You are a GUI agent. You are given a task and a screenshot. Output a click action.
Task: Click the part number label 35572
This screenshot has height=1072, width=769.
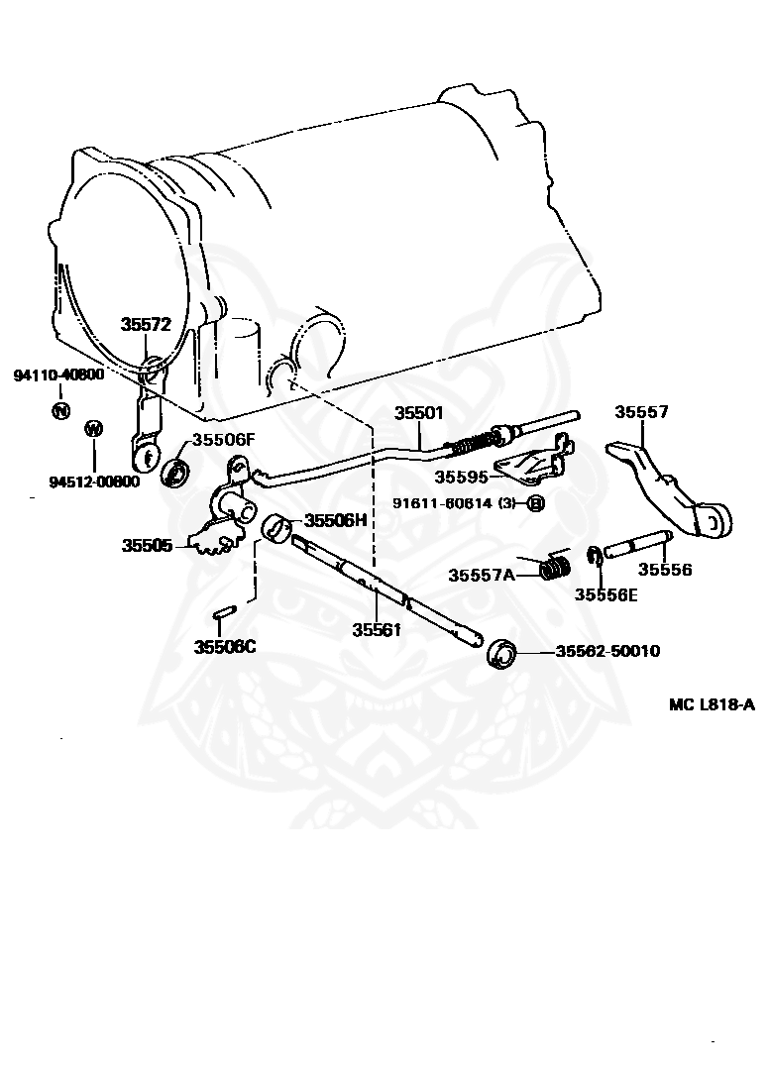pos(147,324)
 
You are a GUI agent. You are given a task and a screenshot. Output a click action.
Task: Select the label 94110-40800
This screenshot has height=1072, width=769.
pos(58,375)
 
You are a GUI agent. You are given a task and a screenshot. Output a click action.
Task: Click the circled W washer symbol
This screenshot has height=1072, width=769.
pos(94,429)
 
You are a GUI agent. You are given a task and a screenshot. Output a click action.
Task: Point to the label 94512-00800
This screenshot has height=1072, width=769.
pos(94,482)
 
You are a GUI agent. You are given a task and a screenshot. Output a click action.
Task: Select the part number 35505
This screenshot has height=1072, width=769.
pos(148,545)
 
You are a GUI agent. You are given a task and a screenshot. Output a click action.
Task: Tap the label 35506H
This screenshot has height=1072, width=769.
pos(335,520)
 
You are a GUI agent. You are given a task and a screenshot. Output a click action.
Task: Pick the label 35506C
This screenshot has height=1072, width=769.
pos(225,647)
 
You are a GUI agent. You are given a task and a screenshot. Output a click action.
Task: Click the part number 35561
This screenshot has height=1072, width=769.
pos(377,628)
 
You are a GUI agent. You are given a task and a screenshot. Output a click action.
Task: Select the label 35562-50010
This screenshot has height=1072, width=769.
pos(607,651)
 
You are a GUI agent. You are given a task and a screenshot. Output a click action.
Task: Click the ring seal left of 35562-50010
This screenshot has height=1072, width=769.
pos(501,654)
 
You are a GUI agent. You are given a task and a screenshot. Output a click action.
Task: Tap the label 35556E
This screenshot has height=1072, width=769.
pos(605,594)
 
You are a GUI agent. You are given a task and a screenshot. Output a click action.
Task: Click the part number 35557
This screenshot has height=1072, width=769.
pos(641,412)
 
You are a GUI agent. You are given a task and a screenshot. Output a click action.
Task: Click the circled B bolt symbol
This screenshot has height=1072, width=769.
pos(535,503)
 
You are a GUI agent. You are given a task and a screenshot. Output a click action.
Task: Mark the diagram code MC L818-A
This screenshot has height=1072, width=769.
pos(712,704)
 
